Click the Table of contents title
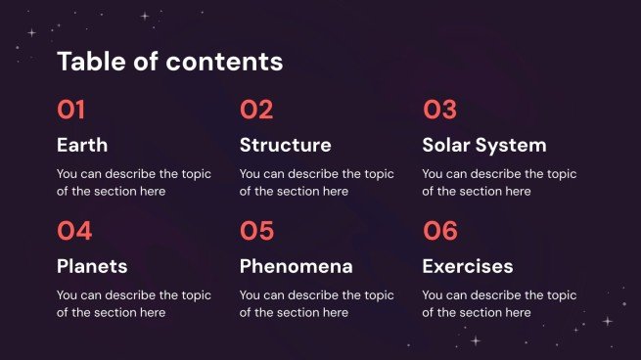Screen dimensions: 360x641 coord(169,62)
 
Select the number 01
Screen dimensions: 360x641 coord(71,110)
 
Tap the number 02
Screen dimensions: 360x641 coord(256,110)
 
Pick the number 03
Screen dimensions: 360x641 coord(439,110)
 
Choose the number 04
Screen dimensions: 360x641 coord(74,231)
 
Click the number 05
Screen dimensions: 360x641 coord(257,231)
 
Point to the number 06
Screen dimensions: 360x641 coord(440,231)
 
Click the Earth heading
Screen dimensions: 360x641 coord(82,145)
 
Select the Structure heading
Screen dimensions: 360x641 coord(285,145)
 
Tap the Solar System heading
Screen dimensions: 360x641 coord(483,145)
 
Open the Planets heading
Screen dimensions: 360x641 coord(92,266)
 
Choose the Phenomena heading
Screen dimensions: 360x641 coord(296,266)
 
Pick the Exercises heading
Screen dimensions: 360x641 coord(467,266)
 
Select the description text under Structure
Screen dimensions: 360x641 coord(316,183)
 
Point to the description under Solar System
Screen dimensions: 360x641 coord(499,183)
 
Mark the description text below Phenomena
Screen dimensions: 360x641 coord(316,303)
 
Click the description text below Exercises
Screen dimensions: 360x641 coord(499,303)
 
